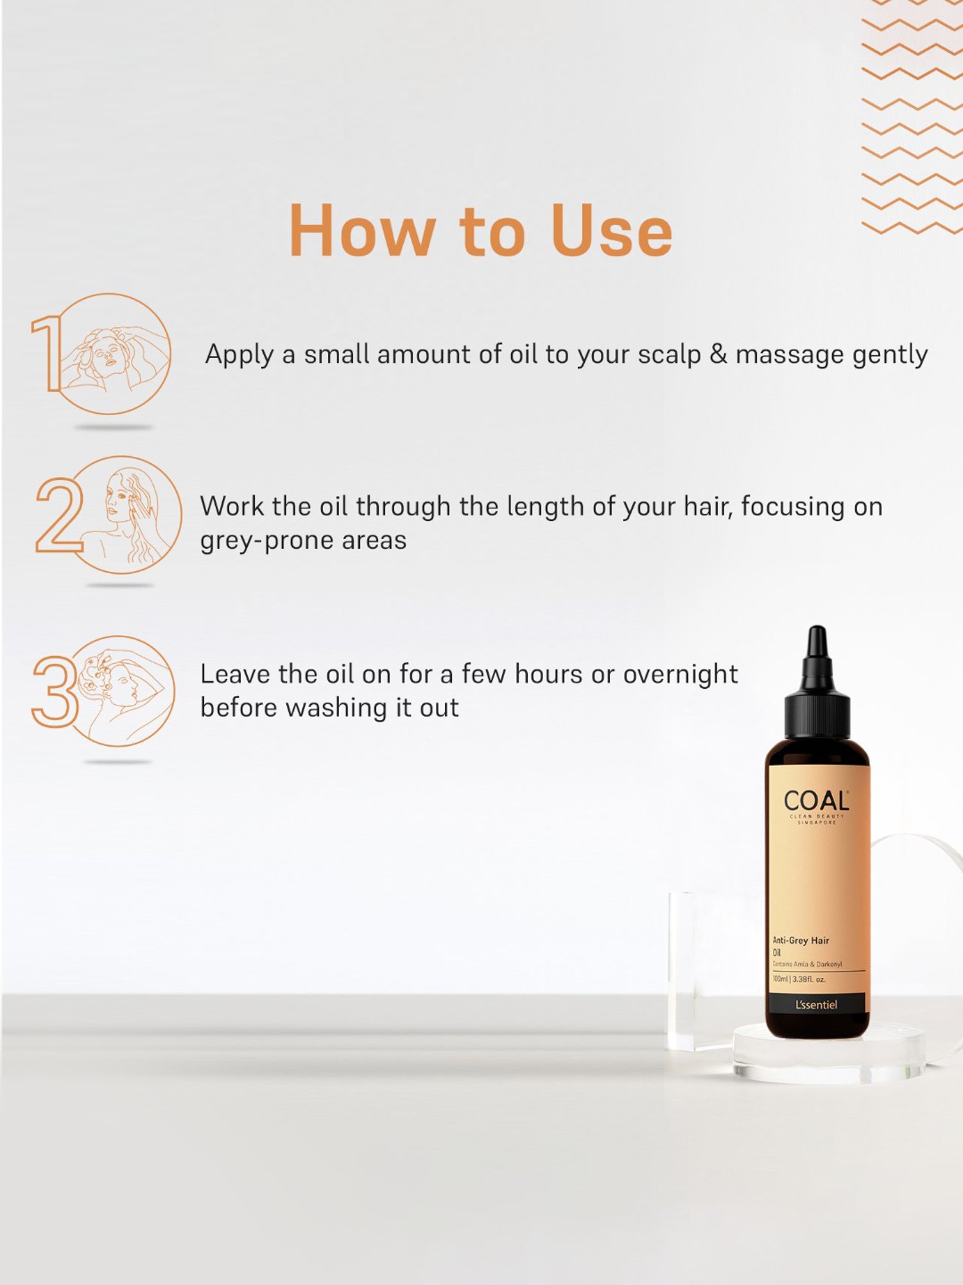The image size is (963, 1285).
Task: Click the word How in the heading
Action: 363,231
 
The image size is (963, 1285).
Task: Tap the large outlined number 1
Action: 46,353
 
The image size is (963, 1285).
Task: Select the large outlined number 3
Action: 55,691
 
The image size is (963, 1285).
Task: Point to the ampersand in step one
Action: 718,354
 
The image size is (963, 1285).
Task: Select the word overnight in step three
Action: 680,674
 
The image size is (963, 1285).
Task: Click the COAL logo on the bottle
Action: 816,801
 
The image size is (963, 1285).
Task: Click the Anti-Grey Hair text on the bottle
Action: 801,940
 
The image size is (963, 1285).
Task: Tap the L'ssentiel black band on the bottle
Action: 816,1004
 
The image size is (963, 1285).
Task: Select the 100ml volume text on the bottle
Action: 780,979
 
